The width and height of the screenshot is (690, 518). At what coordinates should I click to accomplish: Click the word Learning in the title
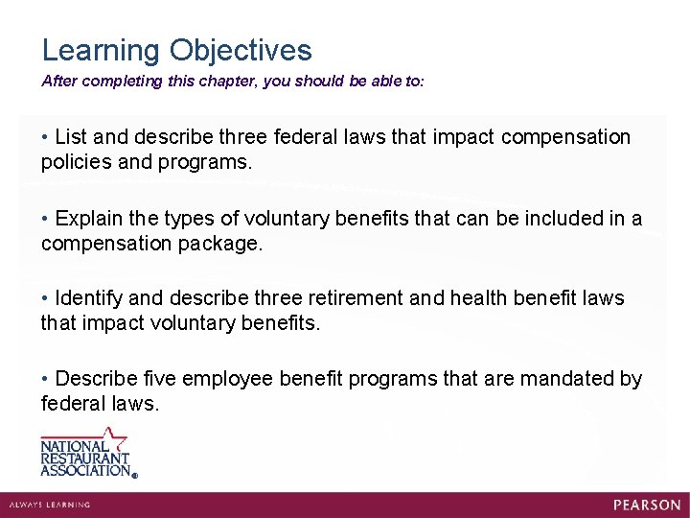click(x=101, y=51)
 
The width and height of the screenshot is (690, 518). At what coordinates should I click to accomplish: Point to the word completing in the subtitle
click(x=123, y=82)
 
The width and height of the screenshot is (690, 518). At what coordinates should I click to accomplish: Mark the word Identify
click(x=92, y=298)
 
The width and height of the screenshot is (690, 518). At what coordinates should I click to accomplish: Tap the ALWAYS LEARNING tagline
click(x=49, y=505)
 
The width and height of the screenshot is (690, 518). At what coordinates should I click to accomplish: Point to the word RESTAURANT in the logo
click(x=84, y=459)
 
